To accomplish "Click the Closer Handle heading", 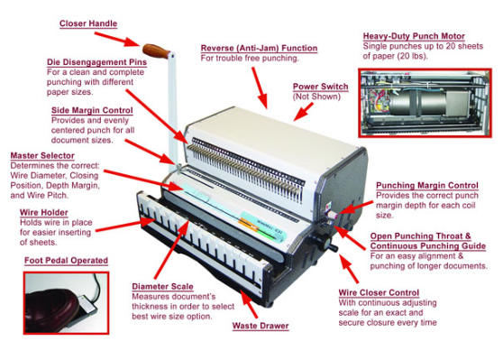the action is [x=88, y=23].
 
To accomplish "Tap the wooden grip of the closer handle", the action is [x=156, y=51].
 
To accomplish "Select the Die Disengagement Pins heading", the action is [x=96, y=62].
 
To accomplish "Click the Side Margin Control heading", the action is [x=92, y=110].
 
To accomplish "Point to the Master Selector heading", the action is [x=42, y=156].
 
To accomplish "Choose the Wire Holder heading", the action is [x=44, y=213].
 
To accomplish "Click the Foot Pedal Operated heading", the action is [x=66, y=261].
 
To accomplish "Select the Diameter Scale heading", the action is [x=162, y=286].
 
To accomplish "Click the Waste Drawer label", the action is [x=261, y=326].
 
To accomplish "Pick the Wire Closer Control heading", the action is [x=379, y=293].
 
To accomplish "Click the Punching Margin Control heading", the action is [x=427, y=186].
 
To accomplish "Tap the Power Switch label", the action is [x=321, y=87].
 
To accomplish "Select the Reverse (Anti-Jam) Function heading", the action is [x=260, y=48].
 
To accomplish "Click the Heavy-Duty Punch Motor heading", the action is [x=414, y=36].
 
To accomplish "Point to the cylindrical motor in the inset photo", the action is [x=417, y=103].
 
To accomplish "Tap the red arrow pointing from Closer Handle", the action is [x=118, y=40].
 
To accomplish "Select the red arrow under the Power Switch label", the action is [x=303, y=112].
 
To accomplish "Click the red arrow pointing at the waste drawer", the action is [x=249, y=303].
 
